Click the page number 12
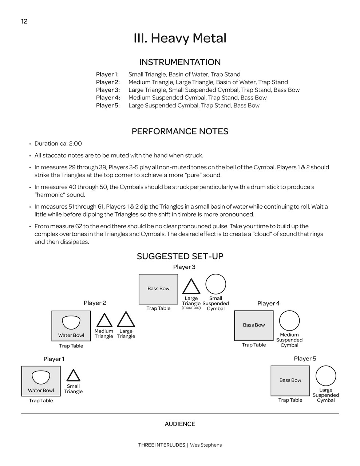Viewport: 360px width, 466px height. tap(24, 21)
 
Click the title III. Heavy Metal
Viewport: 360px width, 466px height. tap(180, 38)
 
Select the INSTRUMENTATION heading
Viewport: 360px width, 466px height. tap(180, 62)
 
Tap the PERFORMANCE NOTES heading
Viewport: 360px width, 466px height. tap(180, 131)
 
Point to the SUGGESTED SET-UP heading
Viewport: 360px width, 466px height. tap(180, 256)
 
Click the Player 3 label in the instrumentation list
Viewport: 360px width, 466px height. tap(108, 90)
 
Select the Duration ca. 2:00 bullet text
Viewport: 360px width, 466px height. tap(58, 143)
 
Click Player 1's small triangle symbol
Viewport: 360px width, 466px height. tap(73, 376)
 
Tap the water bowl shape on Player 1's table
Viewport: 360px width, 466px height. tap(41, 377)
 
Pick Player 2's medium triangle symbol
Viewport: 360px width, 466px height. tap(104, 321)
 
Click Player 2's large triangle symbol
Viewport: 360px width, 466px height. tap(126, 320)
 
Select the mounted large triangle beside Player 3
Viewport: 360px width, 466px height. tap(191, 287)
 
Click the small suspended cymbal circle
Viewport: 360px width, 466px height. tap(216, 284)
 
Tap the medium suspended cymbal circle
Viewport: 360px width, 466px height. tap(289, 321)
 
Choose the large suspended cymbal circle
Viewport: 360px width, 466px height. tap(326, 376)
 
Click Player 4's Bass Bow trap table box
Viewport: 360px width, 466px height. tap(254, 325)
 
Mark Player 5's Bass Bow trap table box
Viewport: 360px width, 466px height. tap(290, 380)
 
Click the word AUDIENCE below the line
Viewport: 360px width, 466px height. tap(180, 424)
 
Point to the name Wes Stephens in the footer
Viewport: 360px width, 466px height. tap(206, 445)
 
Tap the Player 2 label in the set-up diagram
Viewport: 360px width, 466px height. tap(95, 303)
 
